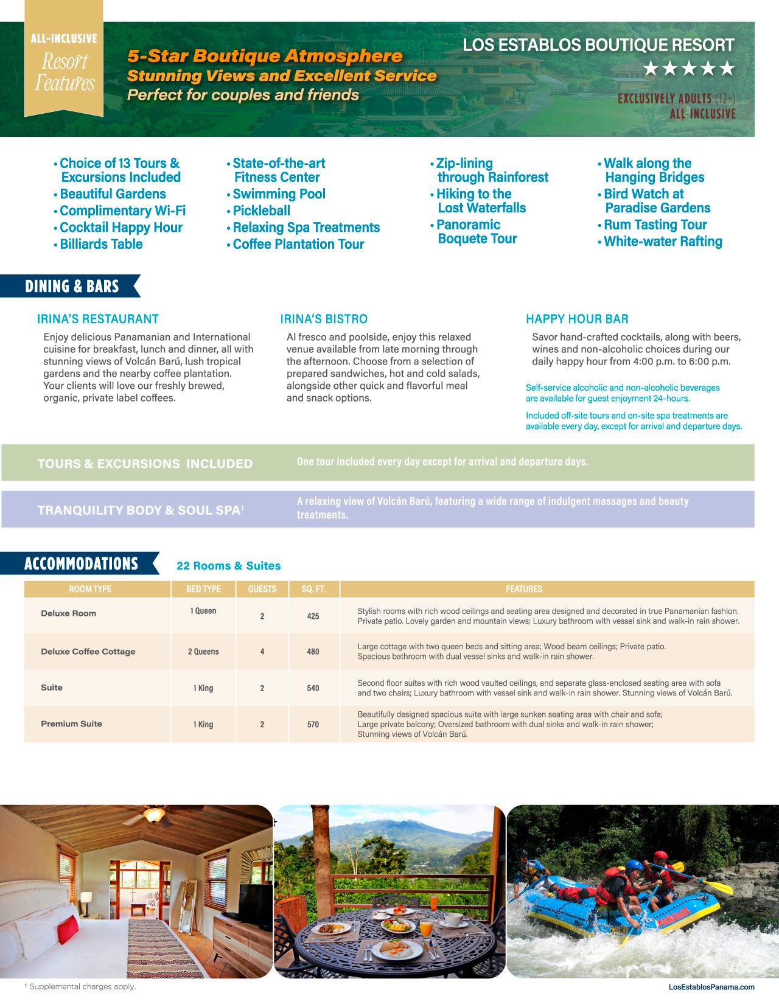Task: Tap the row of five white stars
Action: pyautogui.click(x=689, y=69)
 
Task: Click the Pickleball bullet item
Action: pyautogui.click(x=261, y=211)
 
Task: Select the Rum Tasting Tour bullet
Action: pyautogui.click(x=655, y=225)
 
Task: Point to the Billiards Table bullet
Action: pyautogui.click(x=101, y=244)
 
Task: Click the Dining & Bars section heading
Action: pyautogui.click(x=72, y=287)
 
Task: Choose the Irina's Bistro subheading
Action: pyautogui.click(x=324, y=319)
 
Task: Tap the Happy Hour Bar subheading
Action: pyautogui.click(x=577, y=319)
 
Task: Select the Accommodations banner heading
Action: pyautogui.click(x=81, y=563)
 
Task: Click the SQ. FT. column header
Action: pyautogui.click(x=313, y=589)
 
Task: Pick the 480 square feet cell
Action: pyautogui.click(x=313, y=652)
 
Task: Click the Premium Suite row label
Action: pyautogui.click(x=71, y=723)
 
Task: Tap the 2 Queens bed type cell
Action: pyautogui.click(x=203, y=652)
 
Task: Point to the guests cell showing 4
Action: pyautogui.click(x=262, y=652)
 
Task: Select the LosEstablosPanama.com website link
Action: pyautogui.click(x=711, y=987)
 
